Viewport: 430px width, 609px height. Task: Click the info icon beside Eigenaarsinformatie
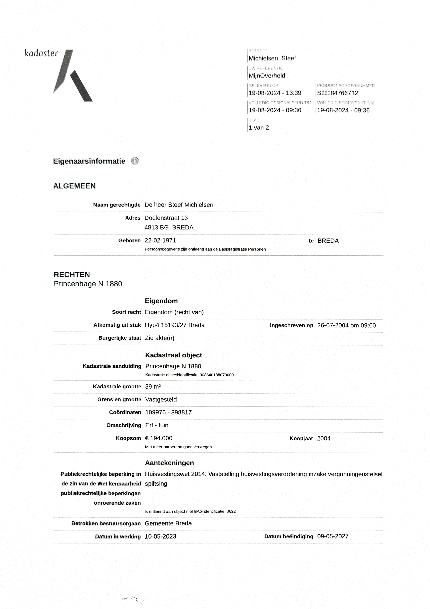pyautogui.click(x=135, y=161)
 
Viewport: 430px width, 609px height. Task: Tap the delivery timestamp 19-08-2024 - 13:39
pyautogui.click(x=275, y=93)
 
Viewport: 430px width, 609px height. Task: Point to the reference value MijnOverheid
pyautogui.click(x=267, y=76)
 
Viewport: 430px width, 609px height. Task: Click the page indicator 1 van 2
pyautogui.click(x=259, y=128)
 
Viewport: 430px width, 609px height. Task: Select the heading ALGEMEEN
pyautogui.click(x=74, y=186)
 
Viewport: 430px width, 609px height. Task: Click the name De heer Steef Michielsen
pyautogui.click(x=179, y=205)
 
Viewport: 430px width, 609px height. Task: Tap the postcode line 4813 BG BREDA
pyautogui.click(x=169, y=228)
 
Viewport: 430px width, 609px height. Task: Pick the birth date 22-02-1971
pyautogui.click(x=160, y=240)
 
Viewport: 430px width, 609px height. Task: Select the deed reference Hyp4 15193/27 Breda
pyautogui.click(x=175, y=325)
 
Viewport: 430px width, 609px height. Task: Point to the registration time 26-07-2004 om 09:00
pyautogui.click(x=346, y=325)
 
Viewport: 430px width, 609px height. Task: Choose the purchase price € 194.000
pyautogui.click(x=158, y=438)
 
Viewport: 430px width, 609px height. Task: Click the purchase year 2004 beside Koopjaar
pyautogui.click(x=323, y=438)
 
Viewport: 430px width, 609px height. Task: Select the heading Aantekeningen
pyautogui.click(x=169, y=463)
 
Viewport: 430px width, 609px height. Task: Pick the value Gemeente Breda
pyautogui.click(x=168, y=523)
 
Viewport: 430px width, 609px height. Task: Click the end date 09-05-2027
pyautogui.click(x=333, y=536)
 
